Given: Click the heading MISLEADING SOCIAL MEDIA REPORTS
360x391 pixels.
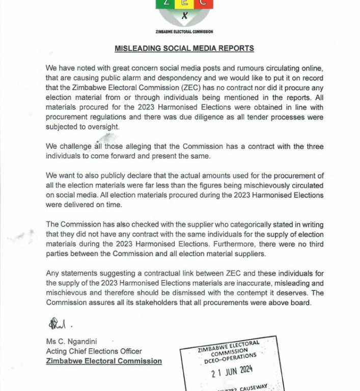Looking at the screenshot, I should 184,48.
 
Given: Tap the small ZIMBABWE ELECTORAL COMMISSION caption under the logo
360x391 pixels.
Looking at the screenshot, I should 184,32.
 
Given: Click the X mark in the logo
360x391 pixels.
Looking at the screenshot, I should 184,15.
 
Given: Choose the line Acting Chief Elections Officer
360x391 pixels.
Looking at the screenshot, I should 94,351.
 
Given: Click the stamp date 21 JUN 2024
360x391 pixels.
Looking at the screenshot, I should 232,371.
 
